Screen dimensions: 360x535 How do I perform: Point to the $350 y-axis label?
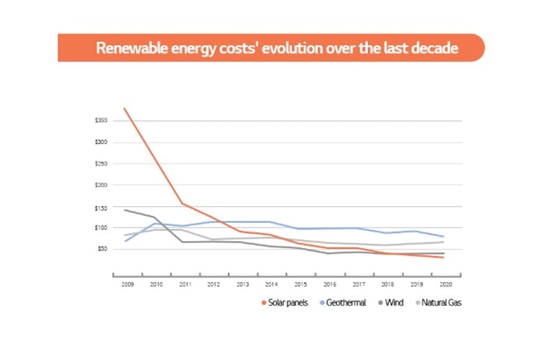click(101, 120)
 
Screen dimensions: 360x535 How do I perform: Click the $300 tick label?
click(101, 143)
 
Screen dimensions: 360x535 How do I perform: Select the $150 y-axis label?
click(101, 208)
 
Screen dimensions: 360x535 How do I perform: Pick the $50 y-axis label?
click(102, 249)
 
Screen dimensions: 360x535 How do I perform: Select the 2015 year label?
click(300, 285)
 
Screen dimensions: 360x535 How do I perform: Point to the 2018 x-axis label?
click(387, 285)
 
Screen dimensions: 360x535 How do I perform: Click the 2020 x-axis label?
click(444, 285)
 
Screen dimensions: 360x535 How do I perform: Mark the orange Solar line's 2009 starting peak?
click(124, 108)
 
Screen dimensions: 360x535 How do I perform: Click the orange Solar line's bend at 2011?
click(182, 203)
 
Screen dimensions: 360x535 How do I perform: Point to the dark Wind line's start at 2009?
click(124, 210)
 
